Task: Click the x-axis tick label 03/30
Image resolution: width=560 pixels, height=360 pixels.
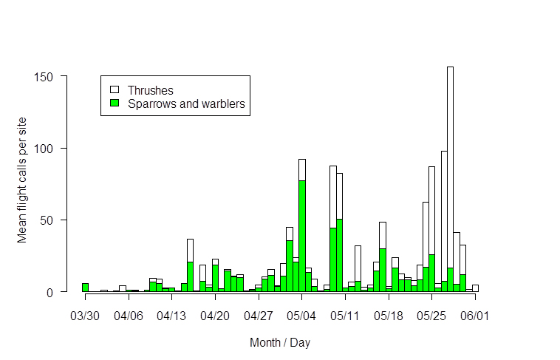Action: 85,316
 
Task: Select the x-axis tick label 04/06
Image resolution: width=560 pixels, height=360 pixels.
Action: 129,316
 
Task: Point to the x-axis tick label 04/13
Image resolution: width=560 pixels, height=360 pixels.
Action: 171,316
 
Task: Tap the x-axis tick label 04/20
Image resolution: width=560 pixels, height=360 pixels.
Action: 215,316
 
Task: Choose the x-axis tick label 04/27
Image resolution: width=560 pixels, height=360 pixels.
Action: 259,316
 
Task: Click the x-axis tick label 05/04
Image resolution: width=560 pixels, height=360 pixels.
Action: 302,316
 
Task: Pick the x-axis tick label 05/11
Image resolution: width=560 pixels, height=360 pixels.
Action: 345,316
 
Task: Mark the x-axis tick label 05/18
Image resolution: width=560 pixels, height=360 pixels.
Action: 389,316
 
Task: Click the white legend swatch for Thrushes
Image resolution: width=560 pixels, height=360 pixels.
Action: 115,90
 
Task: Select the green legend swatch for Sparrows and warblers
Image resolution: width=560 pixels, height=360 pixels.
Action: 115,103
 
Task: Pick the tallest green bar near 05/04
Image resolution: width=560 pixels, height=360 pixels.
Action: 302,236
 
